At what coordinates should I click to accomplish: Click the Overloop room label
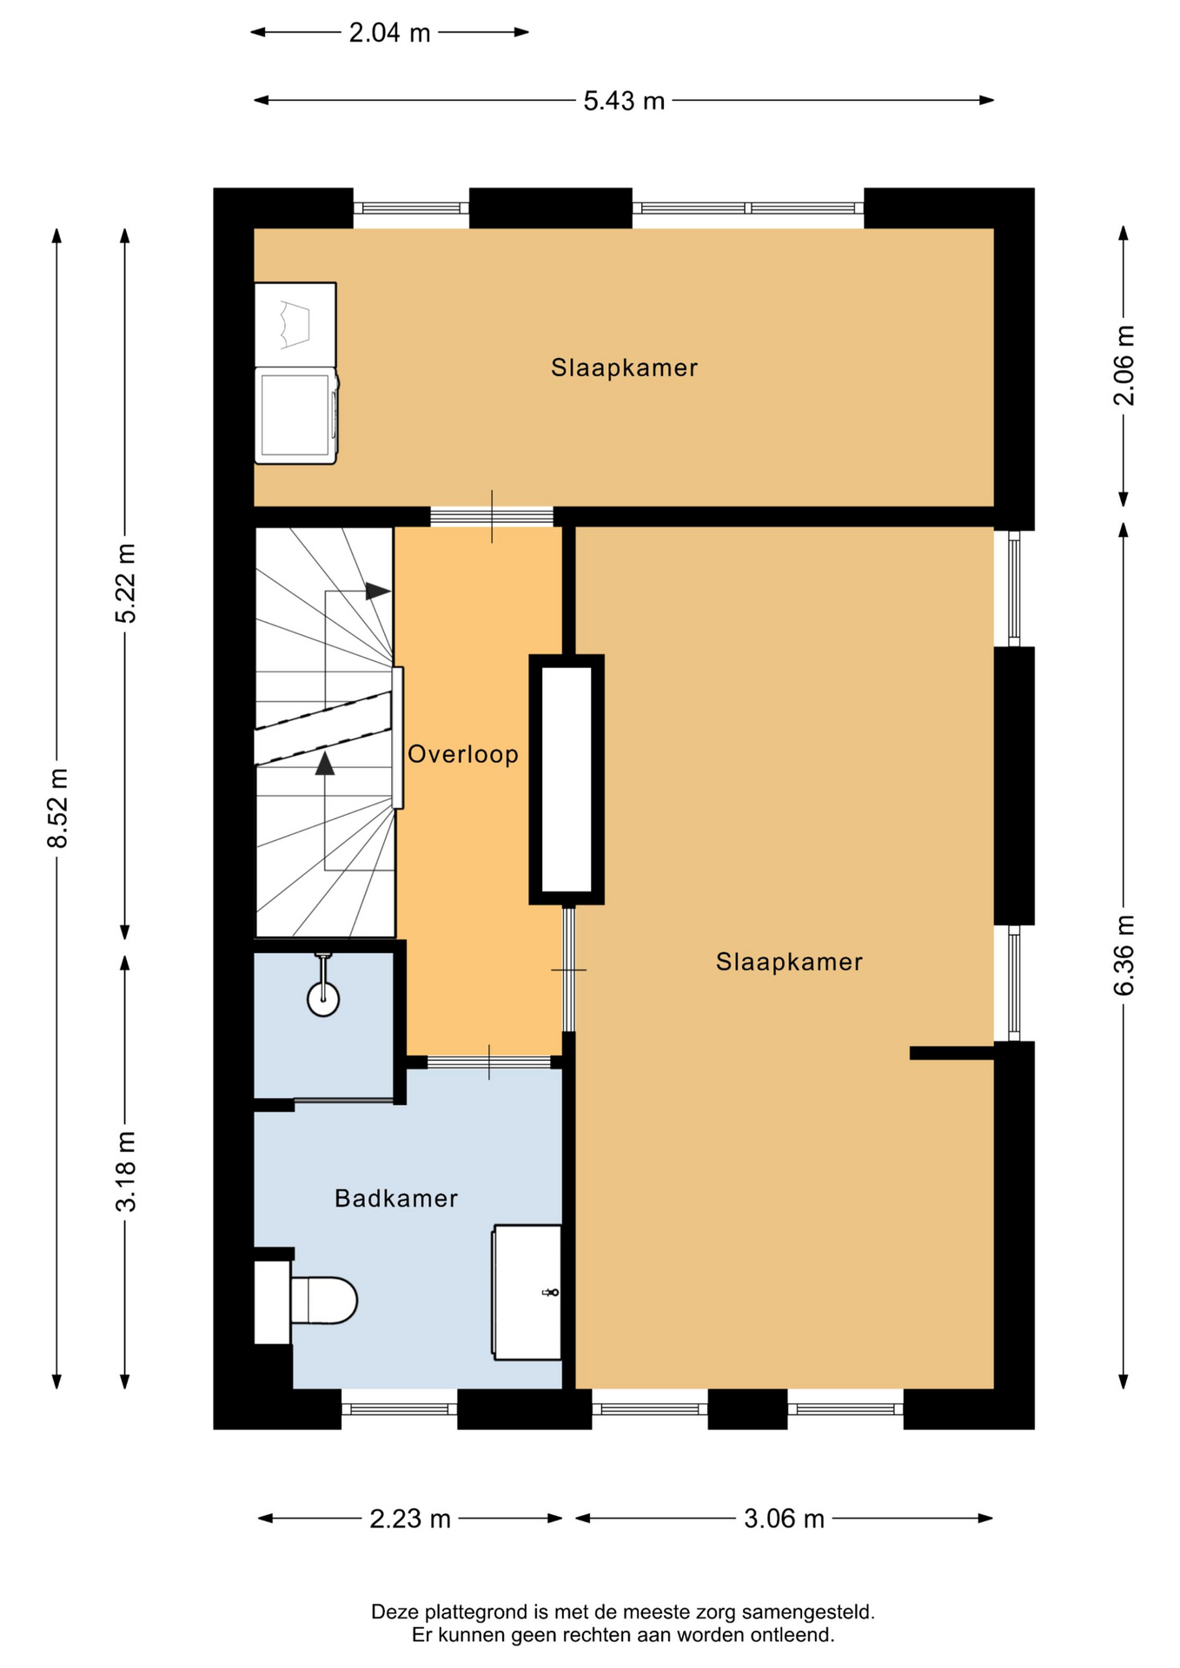(463, 754)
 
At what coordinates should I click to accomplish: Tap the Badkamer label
(396, 1199)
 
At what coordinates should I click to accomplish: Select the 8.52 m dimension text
(58, 808)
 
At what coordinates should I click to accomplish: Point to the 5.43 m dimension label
(624, 102)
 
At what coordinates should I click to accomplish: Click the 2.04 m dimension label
(389, 33)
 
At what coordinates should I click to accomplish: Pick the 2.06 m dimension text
(1124, 366)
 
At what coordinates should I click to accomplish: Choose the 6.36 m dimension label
(1124, 956)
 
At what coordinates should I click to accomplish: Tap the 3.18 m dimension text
(126, 1172)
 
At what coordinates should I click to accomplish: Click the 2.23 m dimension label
(410, 1519)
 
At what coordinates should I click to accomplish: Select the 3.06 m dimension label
(784, 1519)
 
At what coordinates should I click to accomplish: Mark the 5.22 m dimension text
(126, 583)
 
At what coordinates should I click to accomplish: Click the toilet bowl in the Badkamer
(323, 1300)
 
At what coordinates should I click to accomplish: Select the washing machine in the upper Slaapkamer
(296, 415)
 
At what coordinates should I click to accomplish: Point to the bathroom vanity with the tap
(527, 1292)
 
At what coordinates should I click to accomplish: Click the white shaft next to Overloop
(567, 779)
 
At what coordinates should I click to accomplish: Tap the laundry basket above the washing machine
(295, 324)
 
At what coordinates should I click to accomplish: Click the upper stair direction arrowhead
(378, 591)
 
